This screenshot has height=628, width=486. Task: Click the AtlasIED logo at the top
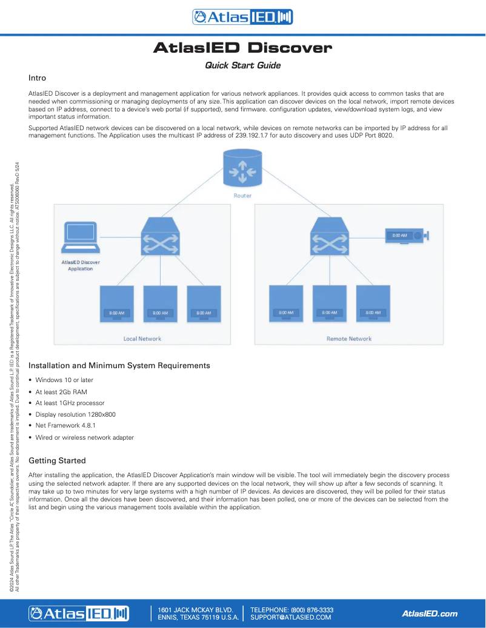coord(242,17)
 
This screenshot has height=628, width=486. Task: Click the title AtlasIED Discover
coord(242,48)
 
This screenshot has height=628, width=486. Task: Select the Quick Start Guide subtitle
coord(242,65)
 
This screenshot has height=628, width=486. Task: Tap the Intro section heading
coord(38,78)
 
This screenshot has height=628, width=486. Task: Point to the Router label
coord(242,196)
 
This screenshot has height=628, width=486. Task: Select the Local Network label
coord(142,339)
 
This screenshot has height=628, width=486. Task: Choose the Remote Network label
coord(349,339)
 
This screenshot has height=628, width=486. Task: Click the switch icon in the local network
coord(160,239)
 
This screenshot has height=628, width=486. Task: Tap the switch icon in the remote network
coord(329,239)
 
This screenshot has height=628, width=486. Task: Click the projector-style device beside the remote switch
coord(407,236)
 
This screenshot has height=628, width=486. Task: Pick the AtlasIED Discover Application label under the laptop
coord(81,265)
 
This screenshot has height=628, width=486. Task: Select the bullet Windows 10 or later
coord(64,380)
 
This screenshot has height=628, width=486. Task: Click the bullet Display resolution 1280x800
coord(75,414)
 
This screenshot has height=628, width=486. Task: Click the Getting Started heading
coord(57,460)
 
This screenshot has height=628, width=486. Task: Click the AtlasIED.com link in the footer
coord(430,613)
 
